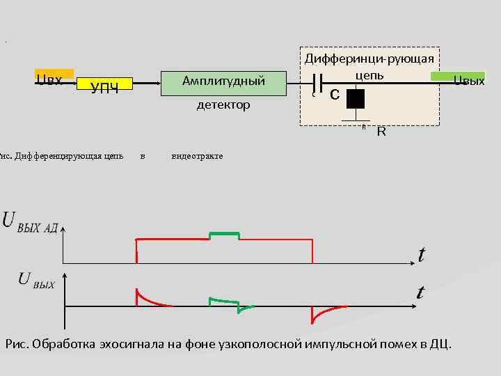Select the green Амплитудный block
pos(223,82)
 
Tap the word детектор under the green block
pos(223,106)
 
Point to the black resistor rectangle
pos(356,100)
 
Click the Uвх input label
pos(50,79)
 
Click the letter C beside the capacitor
pos(335,93)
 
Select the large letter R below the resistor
pos(381,131)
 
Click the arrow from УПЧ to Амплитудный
pos(146,82)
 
